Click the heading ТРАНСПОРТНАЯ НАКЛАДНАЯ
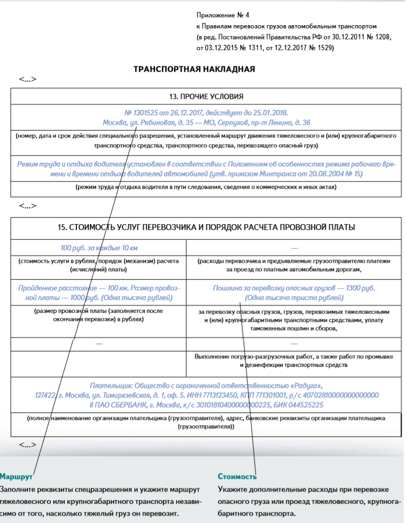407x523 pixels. pos(194,69)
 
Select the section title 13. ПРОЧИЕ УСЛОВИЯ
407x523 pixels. pos(206,97)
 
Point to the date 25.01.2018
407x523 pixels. pos(270,113)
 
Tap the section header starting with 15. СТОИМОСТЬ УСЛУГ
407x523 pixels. pos(206,227)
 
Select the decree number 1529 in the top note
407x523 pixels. pos(323,48)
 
